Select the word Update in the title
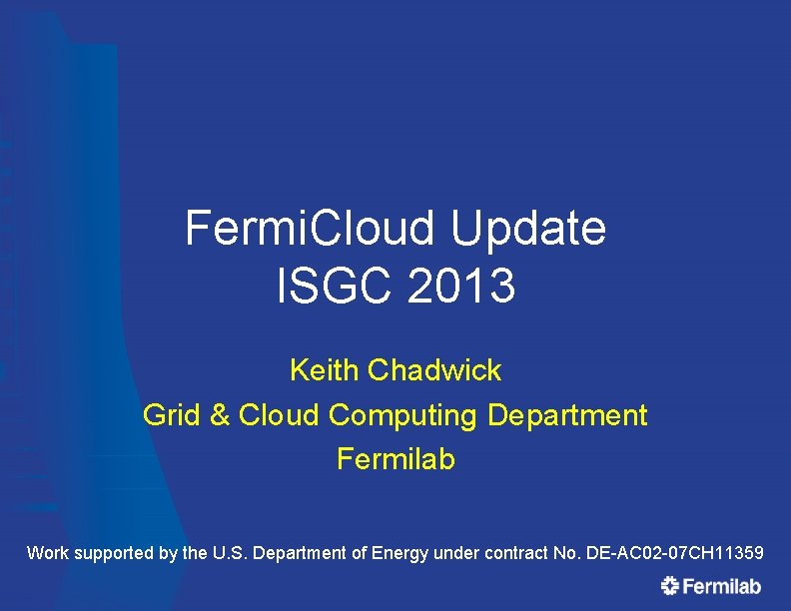[x=528, y=229]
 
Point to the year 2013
[x=461, y=288]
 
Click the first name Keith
[x=324, y=370]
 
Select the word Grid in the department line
[x=172, y=414]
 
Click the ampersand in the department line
[x=220, y=414]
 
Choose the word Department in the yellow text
[x=567, y=414]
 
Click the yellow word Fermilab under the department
[x=395, y=459]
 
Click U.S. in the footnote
[x=232, y=552]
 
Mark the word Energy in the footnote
[x=398, y=553]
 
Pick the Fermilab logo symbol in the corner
[x=670, y=587]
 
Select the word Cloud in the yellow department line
[x=279, y=414]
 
